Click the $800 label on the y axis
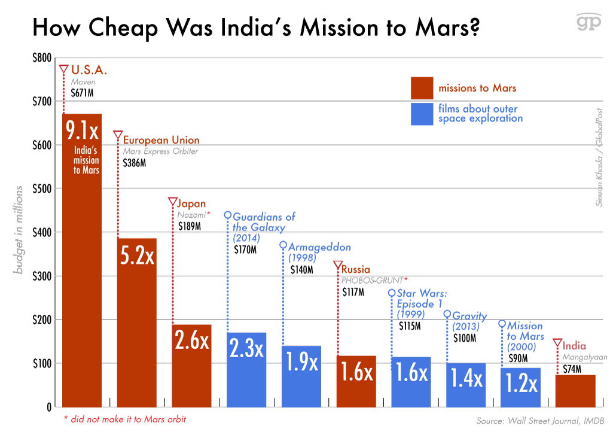click(x=41, y=58)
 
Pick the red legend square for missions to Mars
click(x=422, y=88)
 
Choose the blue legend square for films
click(x=422, y=114)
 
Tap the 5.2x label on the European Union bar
click(x=137, y=255)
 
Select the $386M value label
click(x=135, y=163)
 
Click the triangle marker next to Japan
click(x=173, y=202)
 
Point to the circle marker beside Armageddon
click(x=283, y=245)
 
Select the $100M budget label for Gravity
click(x=464, y=338)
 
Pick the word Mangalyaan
click(x=585, y=357)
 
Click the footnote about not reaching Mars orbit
click(x=125, y=419)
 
